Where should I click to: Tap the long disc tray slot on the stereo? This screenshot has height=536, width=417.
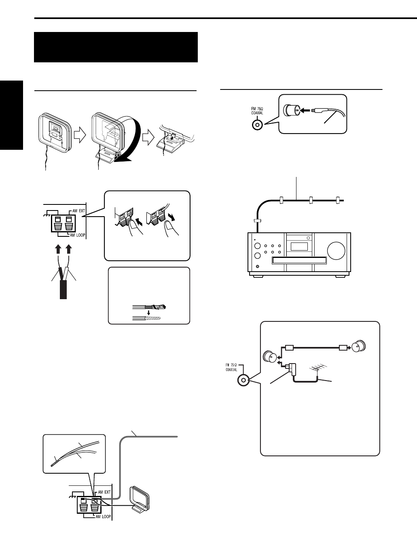(x=299, y=260)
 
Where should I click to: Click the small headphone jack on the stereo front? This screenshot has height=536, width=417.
(x=258, y=266)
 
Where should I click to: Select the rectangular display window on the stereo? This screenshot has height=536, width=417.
(x=299, y=247)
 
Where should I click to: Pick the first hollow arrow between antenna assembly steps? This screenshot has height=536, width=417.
(x=80, y=136)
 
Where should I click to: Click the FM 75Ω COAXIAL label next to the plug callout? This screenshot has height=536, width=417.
(x=257, y=111)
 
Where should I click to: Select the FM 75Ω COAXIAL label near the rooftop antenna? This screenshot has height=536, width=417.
(x=231, y=367)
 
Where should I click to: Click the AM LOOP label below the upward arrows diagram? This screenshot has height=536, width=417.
(x=77, y=235)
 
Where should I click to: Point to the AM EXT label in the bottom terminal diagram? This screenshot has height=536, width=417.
(x=104, y=492)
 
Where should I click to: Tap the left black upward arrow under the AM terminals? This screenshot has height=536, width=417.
(x=58, y=249)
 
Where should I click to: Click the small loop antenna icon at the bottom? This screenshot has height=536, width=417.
(x=140, y=498)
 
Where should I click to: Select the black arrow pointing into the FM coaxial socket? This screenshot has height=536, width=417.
(x=306, y=111)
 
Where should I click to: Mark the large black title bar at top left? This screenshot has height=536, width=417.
(x=116, y=47)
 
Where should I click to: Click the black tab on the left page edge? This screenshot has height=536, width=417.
(x=12, y=115)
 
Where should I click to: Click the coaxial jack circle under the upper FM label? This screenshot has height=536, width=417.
(x=257, y=125)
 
